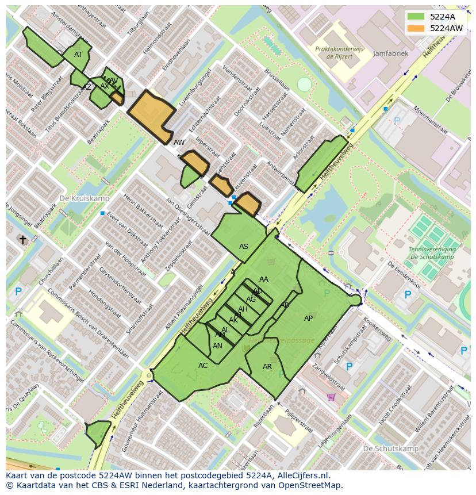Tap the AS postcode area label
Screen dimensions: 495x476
(244, 247)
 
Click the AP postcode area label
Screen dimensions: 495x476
(308, 319)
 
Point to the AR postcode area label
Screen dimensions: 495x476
(267, 367)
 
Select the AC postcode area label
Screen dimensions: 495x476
(203, 366)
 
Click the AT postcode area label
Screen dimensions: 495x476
(78, 55)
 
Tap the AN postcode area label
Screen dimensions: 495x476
(217, 346)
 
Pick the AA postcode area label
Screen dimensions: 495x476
(264, 279)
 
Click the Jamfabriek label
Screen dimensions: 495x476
(390, 53)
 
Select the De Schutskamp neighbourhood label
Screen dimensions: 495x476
(391, 448)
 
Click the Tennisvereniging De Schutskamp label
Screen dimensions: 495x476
(432, 253)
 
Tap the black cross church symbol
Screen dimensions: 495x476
(23, 240)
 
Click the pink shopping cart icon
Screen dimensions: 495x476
(331, 397)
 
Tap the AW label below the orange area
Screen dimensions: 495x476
(179, 142)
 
